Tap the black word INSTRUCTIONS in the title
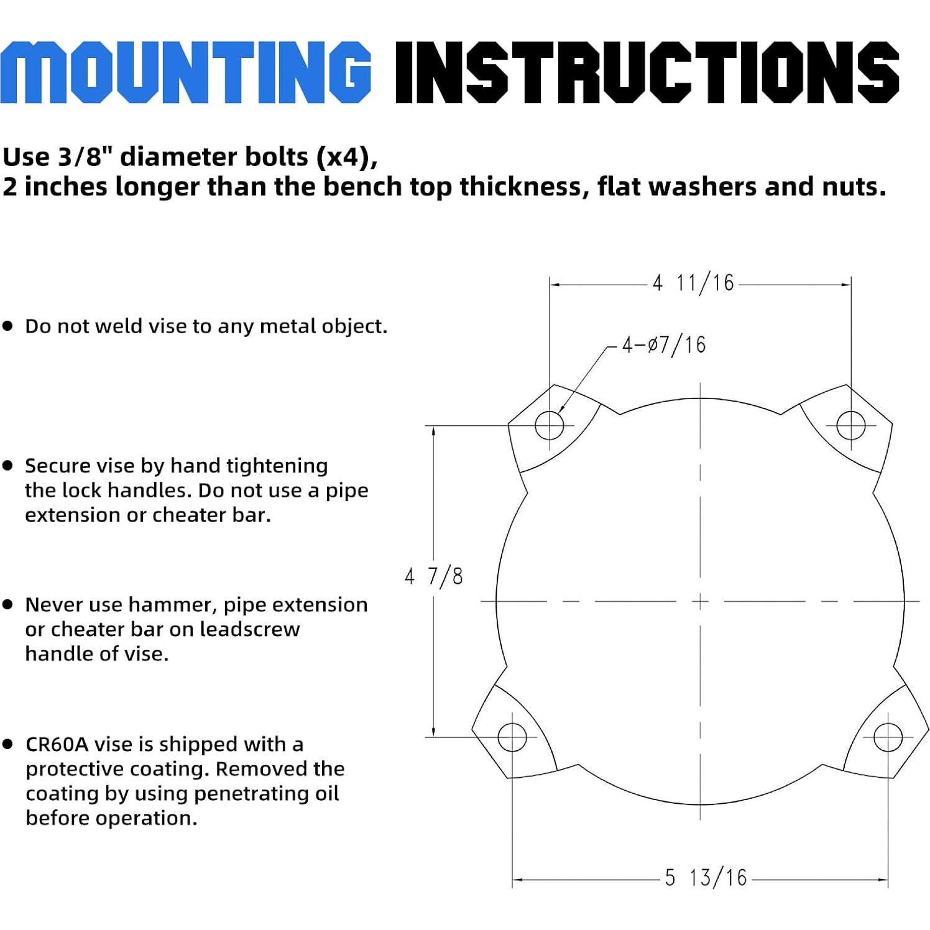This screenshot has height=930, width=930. [647, 72]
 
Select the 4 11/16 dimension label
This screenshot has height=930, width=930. [693, 283]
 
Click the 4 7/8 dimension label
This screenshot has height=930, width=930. [433, 576]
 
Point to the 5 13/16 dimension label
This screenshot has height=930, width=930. [706, 878]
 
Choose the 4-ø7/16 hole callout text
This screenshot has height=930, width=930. [664, 344]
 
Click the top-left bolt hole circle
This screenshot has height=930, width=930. [550, 425]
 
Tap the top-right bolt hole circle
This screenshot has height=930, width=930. [850, 425]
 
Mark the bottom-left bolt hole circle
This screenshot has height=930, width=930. [512, 737]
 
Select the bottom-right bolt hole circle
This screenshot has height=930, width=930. [888, 737]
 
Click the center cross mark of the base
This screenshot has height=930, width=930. [700, 601]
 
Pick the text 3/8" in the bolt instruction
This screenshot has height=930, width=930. [85, 157]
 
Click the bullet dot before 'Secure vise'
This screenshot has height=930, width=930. [8, 465]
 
